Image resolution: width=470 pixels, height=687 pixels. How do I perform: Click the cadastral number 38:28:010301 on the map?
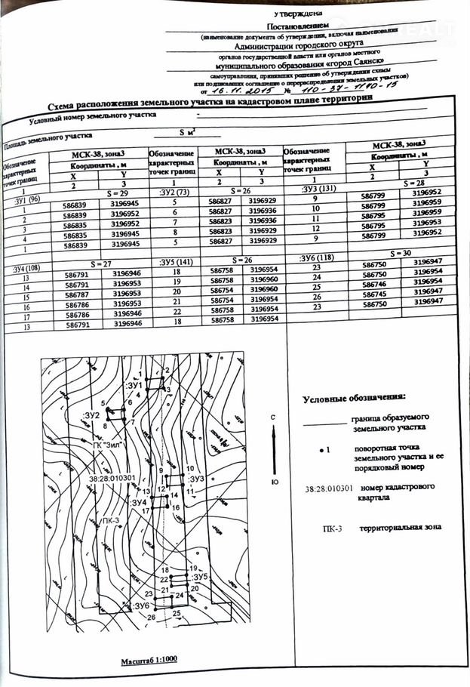coord(112,478)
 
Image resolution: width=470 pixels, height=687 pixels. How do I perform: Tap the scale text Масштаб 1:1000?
coord(149,661)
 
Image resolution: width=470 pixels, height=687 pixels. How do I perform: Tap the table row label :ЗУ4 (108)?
coord(23,269)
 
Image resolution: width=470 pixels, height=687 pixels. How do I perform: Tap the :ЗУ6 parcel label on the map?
coord(142,605)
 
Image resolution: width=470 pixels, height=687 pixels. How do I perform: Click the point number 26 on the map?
coord(151,618)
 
